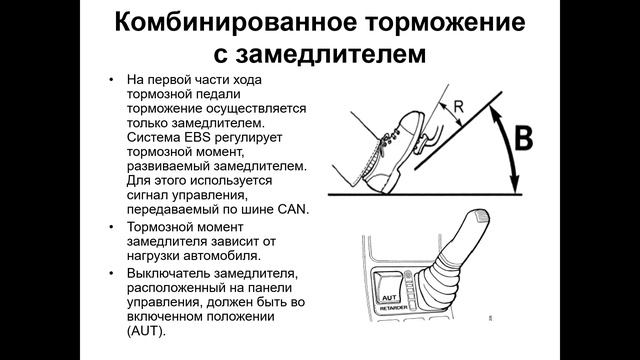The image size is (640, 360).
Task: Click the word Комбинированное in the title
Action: point(236,23)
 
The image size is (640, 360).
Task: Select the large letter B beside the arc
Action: point(523,138)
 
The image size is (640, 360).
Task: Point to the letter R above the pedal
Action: point(459,107)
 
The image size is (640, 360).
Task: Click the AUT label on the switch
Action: point(389,298)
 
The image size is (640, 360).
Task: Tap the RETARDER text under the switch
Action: point(394,309)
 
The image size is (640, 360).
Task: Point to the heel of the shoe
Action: point(382,184)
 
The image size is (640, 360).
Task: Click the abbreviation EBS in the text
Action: point(198,137)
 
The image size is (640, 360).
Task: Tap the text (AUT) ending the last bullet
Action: point(146,331)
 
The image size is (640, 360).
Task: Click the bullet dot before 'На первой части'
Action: point(111,80)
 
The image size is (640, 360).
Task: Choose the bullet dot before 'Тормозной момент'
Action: point(111,227)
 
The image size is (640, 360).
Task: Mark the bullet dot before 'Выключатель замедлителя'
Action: point(111,273)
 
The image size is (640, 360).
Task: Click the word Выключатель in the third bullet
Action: point(168,273)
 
